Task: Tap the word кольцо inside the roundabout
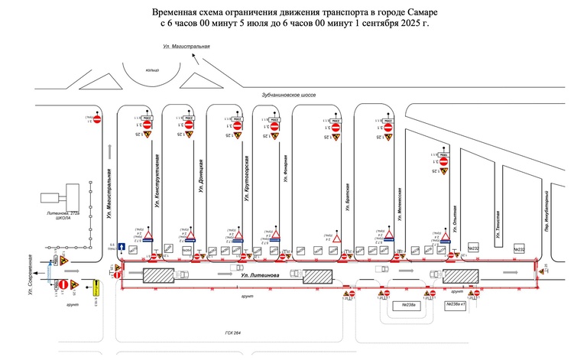(153, 70)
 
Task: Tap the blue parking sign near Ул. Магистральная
(112, 248)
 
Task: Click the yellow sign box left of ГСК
(97, 289)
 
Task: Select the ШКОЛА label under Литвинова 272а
(63, 218)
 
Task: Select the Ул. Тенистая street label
(498, 221)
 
